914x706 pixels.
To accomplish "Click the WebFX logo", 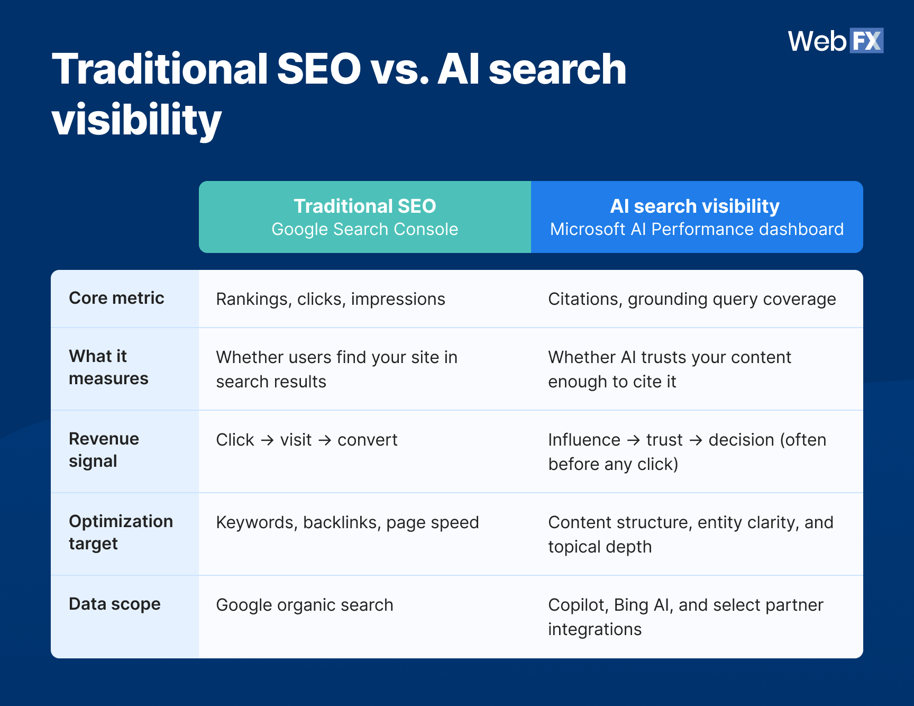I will (x=835, y=41).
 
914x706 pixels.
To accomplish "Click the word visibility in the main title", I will (x=136, y=120).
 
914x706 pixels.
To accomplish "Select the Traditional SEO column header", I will (x=364, y=206).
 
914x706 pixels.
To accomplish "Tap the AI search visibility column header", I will (x=694, y=206).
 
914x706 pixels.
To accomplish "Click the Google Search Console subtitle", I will (x=364, y=229).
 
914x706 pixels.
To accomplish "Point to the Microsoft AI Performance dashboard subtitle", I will (x=697, y=229).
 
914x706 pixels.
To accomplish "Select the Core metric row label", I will (x=116, y=298).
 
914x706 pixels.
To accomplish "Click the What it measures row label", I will (x=108, y=367).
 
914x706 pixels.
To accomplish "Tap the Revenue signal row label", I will (x=104, y=450).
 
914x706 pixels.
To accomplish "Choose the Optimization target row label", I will (x=121, y=532).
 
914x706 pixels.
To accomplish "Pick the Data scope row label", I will (x=114, y=604).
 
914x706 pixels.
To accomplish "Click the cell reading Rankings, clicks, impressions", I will (x=331, y=299).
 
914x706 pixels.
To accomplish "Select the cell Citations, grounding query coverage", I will (x=692, y=299).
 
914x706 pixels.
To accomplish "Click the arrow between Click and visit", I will (x=267, y=440).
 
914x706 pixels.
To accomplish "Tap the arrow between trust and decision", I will (x=696, y=440).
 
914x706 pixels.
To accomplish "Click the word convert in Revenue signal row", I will (x=367, y=440).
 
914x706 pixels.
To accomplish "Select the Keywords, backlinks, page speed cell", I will (x=348, y=522).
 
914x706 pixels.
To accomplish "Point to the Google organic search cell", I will (x=305, y=605).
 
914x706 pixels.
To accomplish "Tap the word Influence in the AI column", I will (x=584, y=440).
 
